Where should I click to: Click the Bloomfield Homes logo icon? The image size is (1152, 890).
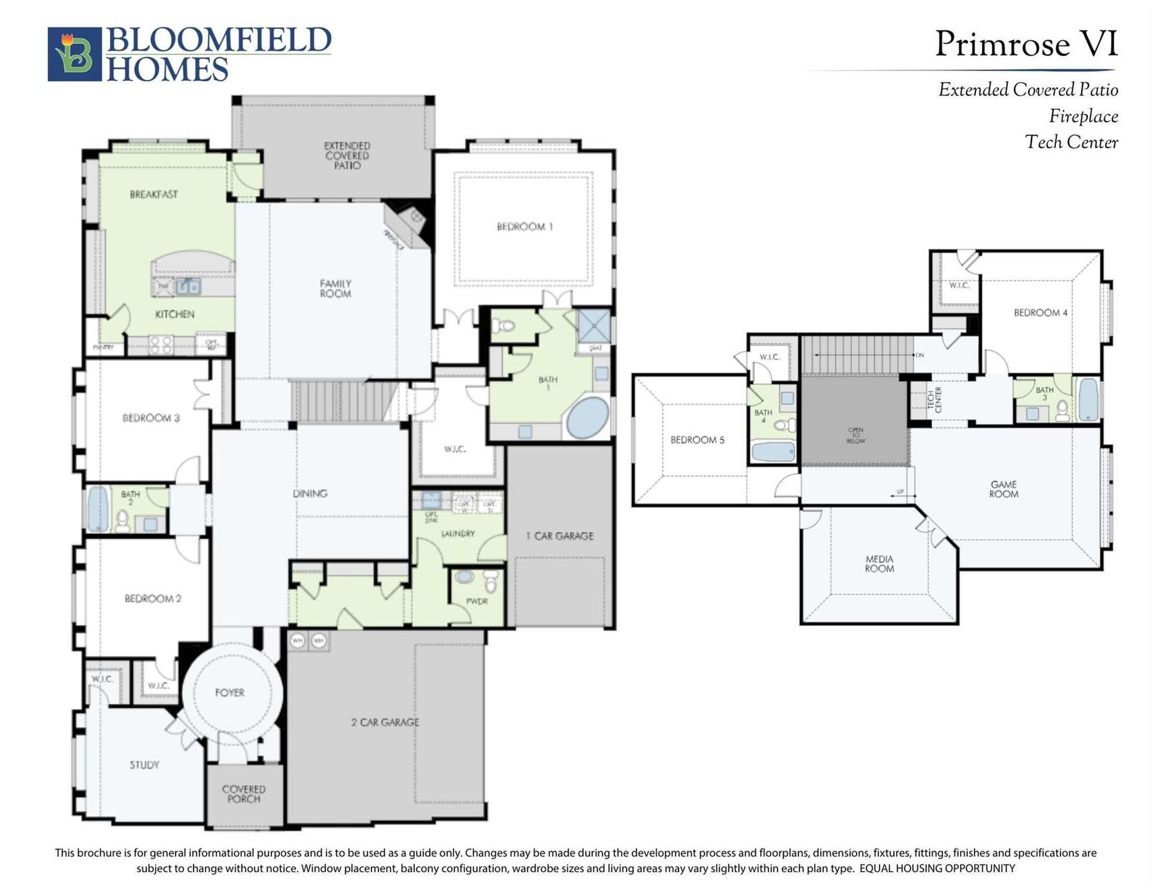click(x=74, y=54)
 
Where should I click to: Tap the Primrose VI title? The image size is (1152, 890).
click(x=1025, y=44)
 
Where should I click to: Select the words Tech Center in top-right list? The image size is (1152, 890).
click(x=1071, y=142)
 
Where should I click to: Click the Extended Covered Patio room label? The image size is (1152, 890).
click(x=347, y=155)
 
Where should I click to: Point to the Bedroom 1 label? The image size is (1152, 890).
click(x=524, y=227)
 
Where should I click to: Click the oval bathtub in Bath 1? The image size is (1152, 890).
click(x=588, y=418)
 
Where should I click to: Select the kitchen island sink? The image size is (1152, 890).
click(x=188, y=287)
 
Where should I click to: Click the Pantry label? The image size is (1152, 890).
click(x=103, y=347)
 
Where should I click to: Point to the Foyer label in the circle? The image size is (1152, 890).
click(x=229, y=693)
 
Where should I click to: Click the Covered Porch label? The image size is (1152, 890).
click(x=244, y=794)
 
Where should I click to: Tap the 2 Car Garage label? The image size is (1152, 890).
click(x=384, y=722)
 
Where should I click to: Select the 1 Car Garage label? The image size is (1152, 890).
click(x=559, y=536)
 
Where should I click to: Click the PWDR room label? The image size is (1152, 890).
click(x=476, y=601)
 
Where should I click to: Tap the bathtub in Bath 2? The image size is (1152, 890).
click(x=98, y=509)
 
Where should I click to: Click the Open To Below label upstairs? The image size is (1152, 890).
click(x=855, y=435)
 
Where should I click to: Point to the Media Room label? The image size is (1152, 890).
click(x=879, y=564)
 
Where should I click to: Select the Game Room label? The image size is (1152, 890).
click(x=1003, y=489)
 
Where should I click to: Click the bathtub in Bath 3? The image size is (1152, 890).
click(x=1088, y=399)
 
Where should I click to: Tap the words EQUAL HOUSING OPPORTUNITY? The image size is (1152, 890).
click(x=937, y=868)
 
